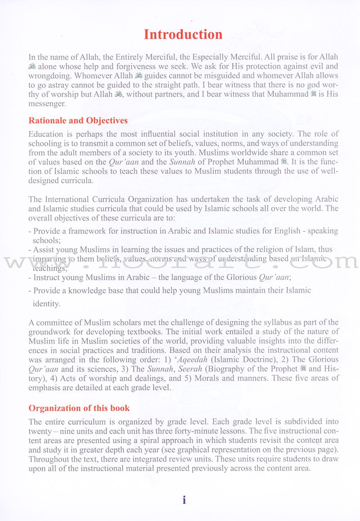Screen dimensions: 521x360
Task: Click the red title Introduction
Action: (x=183, y=35)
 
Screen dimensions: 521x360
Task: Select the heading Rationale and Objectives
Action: (x=78, y=121)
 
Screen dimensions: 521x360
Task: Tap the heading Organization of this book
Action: (x=79, y=408)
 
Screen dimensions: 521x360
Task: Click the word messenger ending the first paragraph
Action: (x=47, y=103)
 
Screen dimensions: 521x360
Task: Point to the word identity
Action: (x=46, y=304)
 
